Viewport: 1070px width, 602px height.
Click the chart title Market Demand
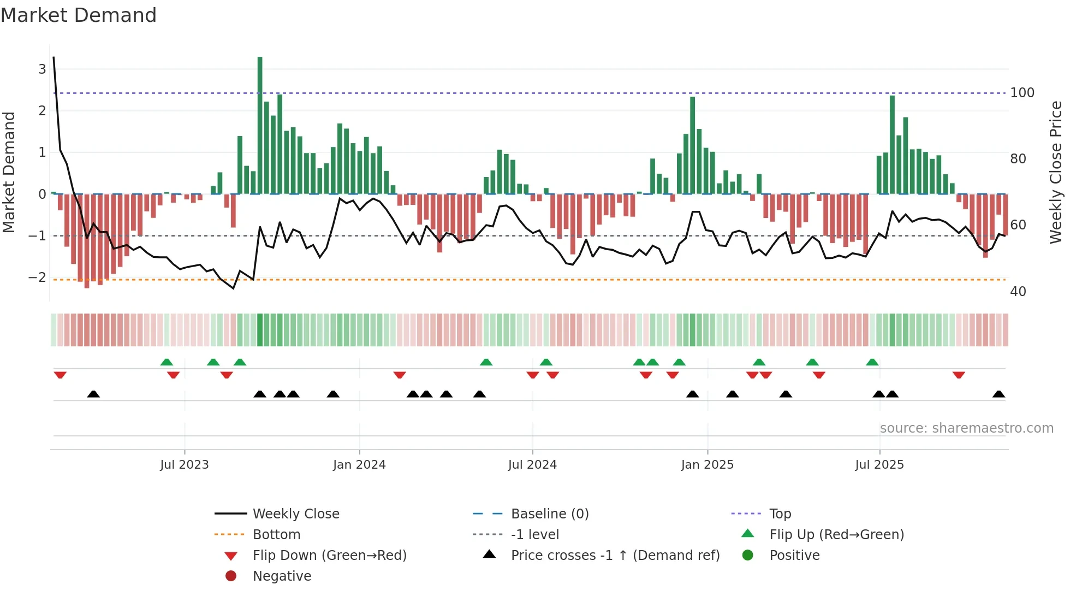[79, 15]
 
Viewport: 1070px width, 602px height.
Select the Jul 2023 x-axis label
[185, 465]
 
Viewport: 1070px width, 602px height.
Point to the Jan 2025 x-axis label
[708, 465]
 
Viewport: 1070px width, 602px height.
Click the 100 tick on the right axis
[1022, 93]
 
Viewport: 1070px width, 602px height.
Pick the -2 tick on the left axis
[37, 278]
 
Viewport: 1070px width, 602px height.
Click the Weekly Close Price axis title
[1056, 172]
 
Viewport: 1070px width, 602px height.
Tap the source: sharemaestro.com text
[966, 428]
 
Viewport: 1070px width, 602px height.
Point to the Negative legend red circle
[231, 576]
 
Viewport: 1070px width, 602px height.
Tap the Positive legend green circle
[748, 556]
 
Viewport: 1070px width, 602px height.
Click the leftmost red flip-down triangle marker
[60, 375]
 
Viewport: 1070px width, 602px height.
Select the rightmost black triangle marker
[998, 394]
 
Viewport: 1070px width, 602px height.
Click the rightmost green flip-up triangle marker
[872, 362]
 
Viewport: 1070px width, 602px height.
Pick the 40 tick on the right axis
[1018, 292]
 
